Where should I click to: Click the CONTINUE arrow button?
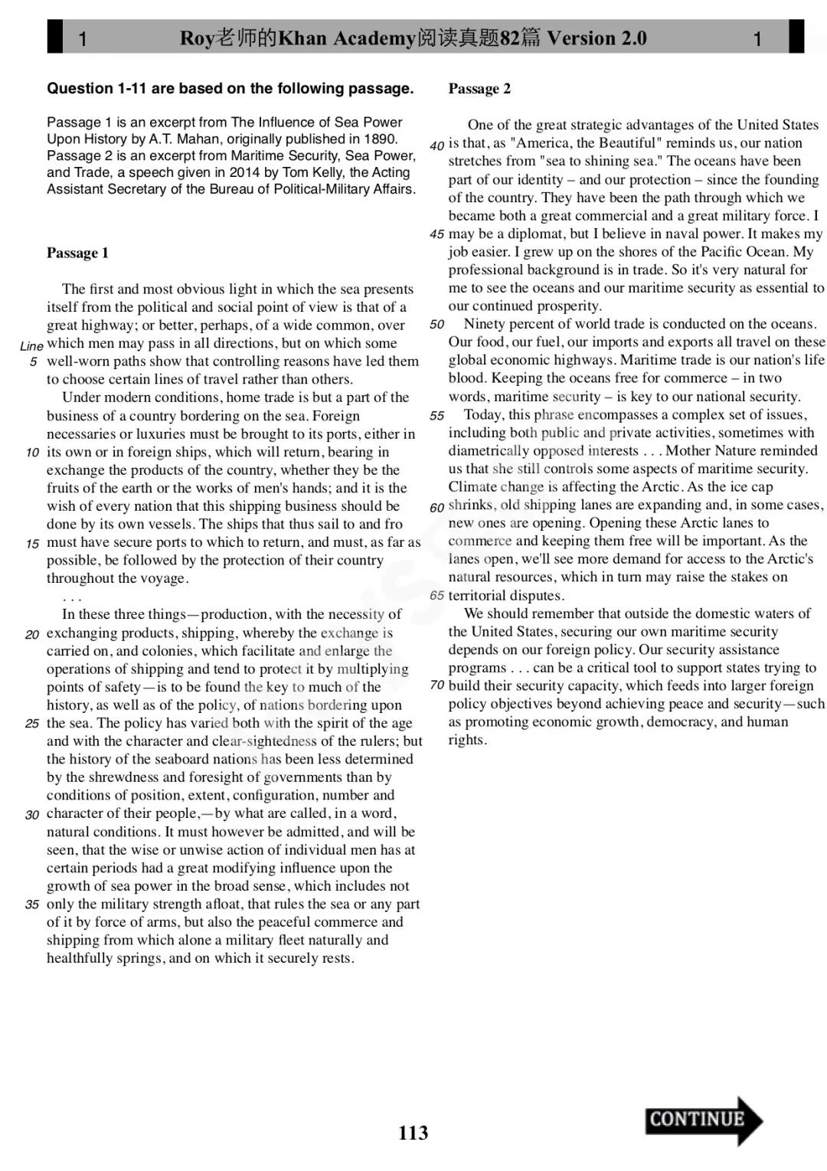click(703, 1120)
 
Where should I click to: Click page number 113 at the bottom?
click(413, 1133)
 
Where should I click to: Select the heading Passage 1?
click(77, 253)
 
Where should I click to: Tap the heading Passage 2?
click(479, 89)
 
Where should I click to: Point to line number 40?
click(436, 145)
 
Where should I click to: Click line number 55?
click(436, 416)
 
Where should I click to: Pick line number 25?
click(32, 724)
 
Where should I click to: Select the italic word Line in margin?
click(31, 346)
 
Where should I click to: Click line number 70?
click(436, 685)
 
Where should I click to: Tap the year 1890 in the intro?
click(382, 139)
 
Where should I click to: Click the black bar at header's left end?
click(54, 37)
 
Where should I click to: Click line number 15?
click(32, 544)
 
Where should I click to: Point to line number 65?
click(436, 596)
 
